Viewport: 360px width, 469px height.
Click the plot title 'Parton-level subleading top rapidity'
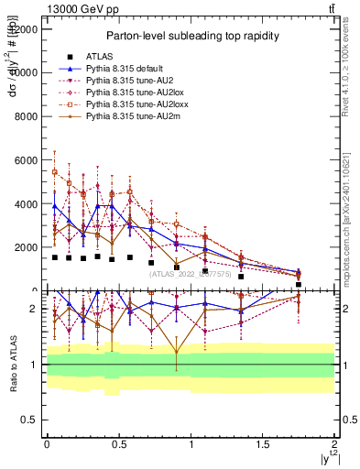(191, 36)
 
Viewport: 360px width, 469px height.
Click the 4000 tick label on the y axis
(25, 203)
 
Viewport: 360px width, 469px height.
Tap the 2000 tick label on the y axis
(25, 247)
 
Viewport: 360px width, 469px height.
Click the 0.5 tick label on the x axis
(118, 443)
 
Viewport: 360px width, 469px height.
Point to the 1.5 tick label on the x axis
(263, 443)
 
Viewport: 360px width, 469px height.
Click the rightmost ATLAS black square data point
(299, 285)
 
